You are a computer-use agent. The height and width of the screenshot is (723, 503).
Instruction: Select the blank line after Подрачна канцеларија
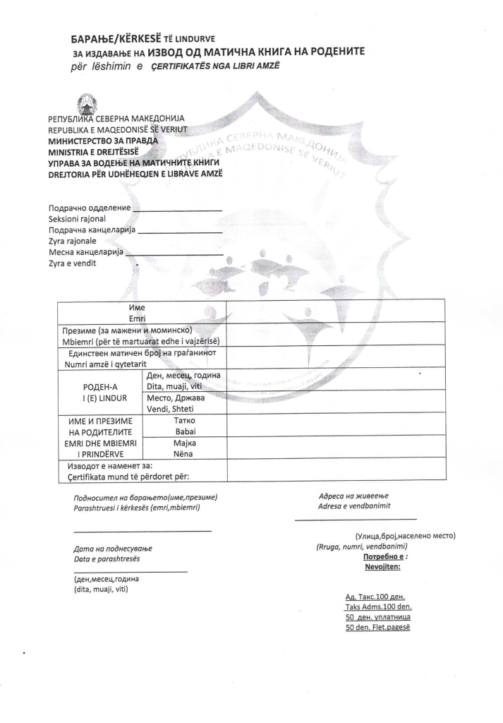point(182,231)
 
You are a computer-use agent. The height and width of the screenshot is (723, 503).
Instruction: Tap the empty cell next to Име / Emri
point(335,311)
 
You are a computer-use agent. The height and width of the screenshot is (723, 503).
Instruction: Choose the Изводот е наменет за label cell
point(141,471)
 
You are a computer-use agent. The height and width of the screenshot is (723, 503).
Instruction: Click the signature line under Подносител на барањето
point(143,530)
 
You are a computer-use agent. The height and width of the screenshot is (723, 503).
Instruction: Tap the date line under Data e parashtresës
point(131,570)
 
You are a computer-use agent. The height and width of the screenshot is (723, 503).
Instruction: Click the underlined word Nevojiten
point(383,566)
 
